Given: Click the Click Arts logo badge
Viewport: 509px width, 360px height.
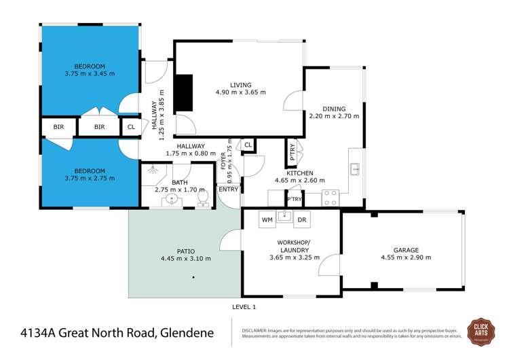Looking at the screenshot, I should tap(483, 333).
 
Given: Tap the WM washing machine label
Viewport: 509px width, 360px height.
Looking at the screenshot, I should tap(267, 220).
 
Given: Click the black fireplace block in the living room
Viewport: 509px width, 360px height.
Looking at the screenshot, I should tap(184, 93).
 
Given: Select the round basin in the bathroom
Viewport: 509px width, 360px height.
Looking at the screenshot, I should tap(172, 200).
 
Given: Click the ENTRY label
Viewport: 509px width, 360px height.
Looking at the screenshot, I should tap(229, 189).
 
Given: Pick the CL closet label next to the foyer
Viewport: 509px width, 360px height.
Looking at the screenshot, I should tap(248, 145).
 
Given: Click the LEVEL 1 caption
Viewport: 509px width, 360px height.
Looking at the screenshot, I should tap(244, 307).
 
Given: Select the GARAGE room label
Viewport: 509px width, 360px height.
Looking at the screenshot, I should tap(406, 249).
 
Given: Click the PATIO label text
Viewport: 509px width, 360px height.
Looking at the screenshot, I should tap(186, 251).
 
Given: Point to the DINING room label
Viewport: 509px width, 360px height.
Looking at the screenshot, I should tap(334, 109).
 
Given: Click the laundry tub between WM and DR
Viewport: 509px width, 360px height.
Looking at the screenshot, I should tap(285, 218).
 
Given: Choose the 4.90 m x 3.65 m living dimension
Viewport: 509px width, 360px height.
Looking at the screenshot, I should tap(241, 92).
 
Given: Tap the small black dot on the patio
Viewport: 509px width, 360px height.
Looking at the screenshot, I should tap(193, 277).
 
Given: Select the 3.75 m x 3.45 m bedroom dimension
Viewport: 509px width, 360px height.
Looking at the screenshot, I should tap(90, 73).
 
